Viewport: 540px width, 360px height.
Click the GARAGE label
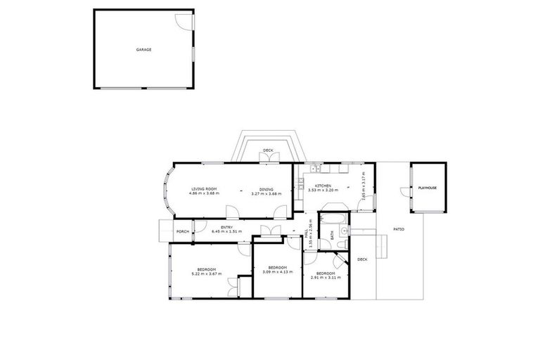click(143, 50)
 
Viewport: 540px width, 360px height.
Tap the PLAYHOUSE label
click(427, 188)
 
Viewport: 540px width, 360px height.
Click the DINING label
click(266, 188)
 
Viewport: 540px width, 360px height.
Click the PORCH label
click(182, 231)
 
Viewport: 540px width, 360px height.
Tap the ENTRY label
click(226, 226)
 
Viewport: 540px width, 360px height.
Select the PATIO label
click(398, 229)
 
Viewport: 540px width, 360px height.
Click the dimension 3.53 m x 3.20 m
click(324, 191)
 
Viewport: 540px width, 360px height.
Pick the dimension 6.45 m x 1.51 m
click(226, 231)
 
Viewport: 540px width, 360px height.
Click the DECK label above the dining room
click(268, 150)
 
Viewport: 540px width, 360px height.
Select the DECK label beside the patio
click(362, 259)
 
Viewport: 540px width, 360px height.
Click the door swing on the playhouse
click(404, 191)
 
